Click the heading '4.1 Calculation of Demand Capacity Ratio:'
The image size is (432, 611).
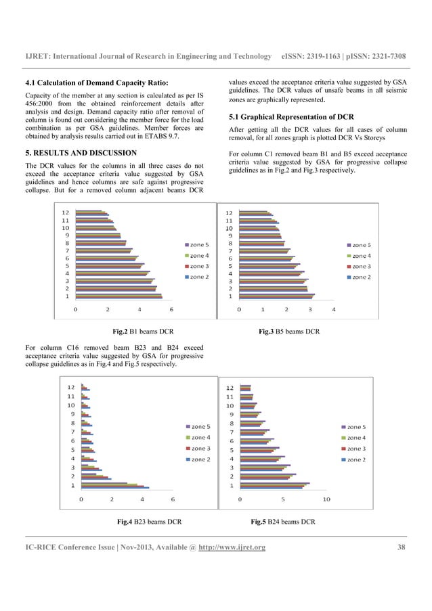(95, 83)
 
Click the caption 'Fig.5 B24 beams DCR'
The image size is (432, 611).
(282, 522)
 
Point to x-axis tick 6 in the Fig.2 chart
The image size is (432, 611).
(171, 309)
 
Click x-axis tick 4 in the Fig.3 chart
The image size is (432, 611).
(334, 309)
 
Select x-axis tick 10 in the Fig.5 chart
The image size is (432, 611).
(326, 499)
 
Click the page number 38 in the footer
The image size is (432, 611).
(401, 547)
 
